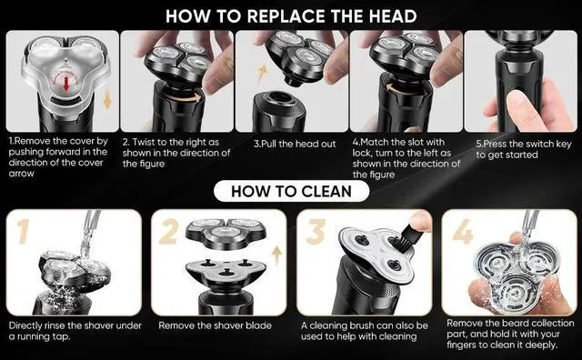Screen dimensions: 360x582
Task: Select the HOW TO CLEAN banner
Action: coord(291,192)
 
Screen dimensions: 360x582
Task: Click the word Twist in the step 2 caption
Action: coord(145,144)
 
